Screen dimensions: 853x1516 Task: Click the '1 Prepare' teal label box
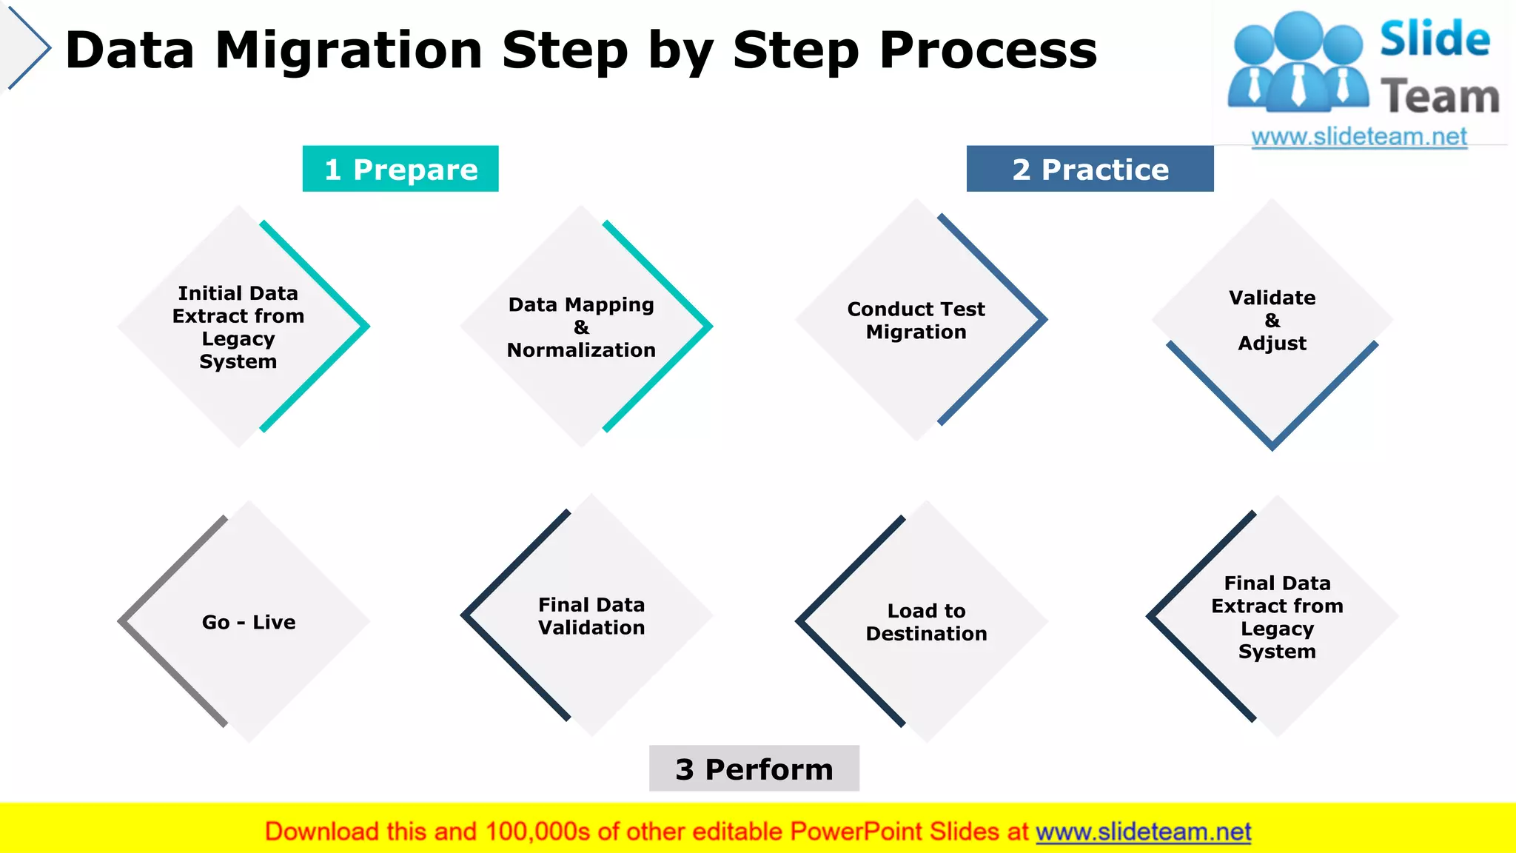(400, 169)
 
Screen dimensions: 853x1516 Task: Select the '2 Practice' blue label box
(1090, 169)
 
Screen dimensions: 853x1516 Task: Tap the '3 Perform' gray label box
(754, 769)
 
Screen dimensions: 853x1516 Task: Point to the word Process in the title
(987, 50)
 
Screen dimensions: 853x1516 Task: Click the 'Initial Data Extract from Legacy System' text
(238, 327)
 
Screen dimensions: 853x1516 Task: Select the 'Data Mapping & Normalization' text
(581, 327)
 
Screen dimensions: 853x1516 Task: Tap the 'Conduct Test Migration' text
(916, 320)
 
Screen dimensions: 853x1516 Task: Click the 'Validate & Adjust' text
(1272, 320)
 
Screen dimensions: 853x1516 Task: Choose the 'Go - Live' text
(249, 622)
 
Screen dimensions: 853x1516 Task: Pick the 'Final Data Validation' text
(591, 616)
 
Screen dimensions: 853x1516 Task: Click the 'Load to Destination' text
(926, 622)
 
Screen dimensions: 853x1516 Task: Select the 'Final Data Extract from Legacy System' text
(1277, 617)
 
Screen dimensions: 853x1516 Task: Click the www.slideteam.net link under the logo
(1359, 137)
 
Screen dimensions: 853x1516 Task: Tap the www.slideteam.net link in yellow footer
(1143, 832)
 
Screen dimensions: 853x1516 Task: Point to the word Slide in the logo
(1435, 39)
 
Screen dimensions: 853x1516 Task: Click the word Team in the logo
(1439, 97)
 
